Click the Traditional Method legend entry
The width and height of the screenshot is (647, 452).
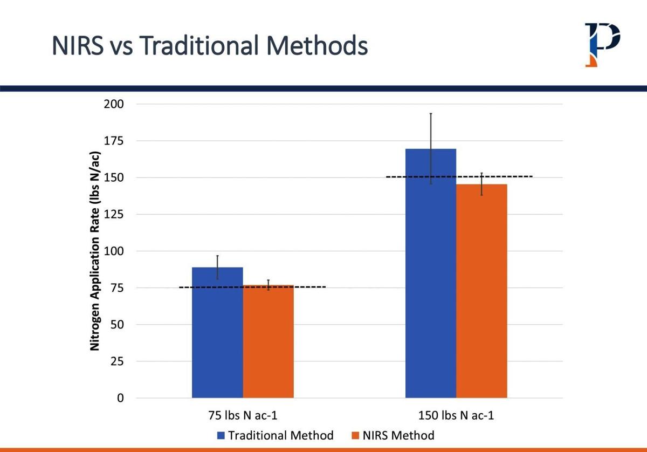tap(275, 435)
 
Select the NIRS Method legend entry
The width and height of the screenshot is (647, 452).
tap(392, 435)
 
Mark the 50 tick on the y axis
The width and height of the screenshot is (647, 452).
tap(116, 325)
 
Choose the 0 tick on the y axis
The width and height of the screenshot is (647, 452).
tap(120, 398)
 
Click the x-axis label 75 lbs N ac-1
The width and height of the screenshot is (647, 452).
tap(243, 416)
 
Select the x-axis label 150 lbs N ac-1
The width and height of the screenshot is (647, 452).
tap(456, 416)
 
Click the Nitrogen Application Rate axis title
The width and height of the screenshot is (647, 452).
tap(95, 251)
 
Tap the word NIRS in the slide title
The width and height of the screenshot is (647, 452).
tap(78, 46)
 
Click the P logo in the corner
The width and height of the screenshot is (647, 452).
tap(602, 44)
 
